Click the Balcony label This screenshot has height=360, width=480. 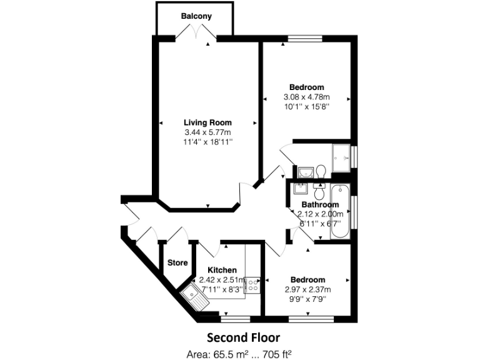196,16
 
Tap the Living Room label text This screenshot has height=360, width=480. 207,122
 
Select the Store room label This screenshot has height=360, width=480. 178,262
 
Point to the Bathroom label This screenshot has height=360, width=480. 320,204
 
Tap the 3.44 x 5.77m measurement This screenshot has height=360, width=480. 207,132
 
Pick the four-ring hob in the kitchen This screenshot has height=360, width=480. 253,285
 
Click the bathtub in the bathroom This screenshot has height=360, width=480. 341,211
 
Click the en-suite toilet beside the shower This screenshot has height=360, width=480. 321,171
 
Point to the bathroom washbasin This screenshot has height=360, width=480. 301,189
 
